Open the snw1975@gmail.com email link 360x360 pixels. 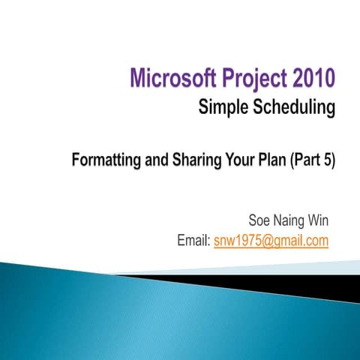(271, 241)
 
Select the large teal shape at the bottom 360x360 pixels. (112, 315)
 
